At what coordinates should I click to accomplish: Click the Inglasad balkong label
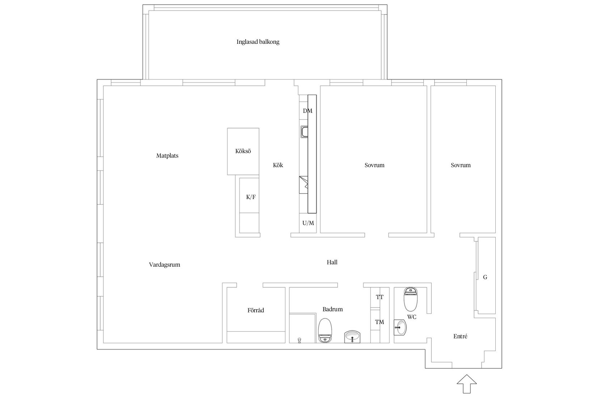(x=258, y=42)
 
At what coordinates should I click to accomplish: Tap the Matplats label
(x=167, y=156)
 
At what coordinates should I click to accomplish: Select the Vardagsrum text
(x=164, y=265)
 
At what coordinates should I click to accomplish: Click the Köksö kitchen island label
(x=243, y=151)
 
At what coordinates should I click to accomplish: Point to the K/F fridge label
(x=250, y=197)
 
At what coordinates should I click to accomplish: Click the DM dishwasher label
(x=307, y=111)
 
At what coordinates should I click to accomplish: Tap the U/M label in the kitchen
(x=308, y=223)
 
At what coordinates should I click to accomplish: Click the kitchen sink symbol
(x=304, y=132)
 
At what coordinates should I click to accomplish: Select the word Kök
(x=278, y=165)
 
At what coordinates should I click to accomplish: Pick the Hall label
(x=332, y=262)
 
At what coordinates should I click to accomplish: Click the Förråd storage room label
(x=255, y=310)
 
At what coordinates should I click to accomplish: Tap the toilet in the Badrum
(x=325, y=330)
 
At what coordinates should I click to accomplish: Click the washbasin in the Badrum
(x=352, y=337)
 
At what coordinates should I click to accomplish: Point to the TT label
(x=380, y=297)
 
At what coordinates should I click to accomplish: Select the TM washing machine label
(x=380, y=322)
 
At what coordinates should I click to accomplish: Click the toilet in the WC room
(x=410, y=299)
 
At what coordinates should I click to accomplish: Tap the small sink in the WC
(x=400, y=327)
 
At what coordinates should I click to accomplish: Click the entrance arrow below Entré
(x=467, y=384)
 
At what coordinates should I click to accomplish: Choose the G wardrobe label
(x=485, y=277)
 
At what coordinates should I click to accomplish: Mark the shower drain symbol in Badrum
(x=299, y=340)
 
